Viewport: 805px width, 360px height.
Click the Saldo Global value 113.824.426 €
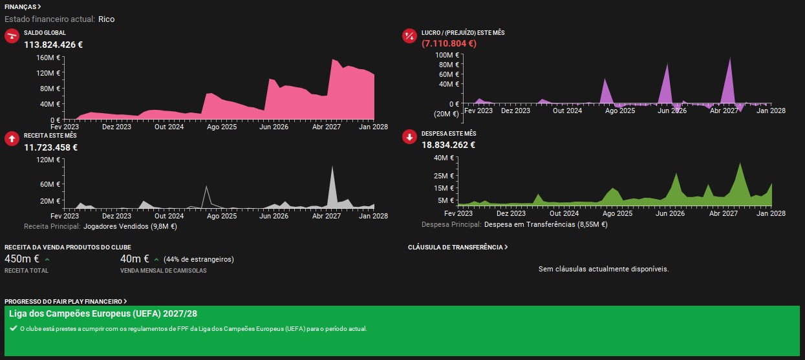tap(53, 45)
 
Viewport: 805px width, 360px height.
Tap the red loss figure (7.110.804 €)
tap(449, 43)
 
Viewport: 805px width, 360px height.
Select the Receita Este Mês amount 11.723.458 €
tap(50, 147)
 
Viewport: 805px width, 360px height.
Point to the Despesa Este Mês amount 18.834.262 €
tap(448, 145)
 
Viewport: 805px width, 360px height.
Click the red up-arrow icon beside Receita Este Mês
tap(12, 139)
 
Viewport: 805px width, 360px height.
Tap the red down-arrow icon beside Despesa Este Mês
tap(409, 137)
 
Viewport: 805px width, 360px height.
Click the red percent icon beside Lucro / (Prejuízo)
tap(409, 36)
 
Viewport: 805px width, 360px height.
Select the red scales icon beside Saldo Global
tap(12, 36)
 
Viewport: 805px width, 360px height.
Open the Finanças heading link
tap(23, 7)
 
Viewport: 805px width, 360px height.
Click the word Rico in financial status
tap(107, 19)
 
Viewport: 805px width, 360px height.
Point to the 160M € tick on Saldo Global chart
tap(48, 58)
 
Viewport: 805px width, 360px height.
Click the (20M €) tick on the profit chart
tap(446, 114)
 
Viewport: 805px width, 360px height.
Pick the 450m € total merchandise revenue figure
tap(22, 259)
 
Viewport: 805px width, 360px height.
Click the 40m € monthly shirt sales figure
tap(134, 259)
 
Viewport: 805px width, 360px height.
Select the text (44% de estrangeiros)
tap(199, 259)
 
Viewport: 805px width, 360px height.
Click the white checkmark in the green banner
tap(14, 328)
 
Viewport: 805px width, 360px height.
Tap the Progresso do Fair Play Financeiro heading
tap(65, 301)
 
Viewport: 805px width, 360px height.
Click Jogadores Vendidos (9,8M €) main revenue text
tap(130, 226)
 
